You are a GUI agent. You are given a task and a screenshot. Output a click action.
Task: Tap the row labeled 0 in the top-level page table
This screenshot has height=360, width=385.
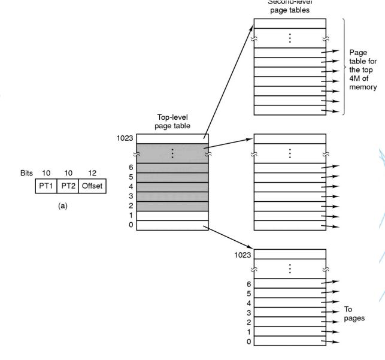pyautogui.click(x=172, y=225)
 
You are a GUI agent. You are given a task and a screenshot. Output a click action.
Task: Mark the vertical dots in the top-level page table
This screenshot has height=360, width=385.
pyautogui.click(x=172, y=154)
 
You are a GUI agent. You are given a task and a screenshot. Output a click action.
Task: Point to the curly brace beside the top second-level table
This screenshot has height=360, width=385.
pyautogui.click(x=344, y=66)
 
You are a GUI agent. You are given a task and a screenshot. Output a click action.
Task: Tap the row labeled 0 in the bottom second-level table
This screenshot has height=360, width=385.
pyautogui.click(x=290, y=342)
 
